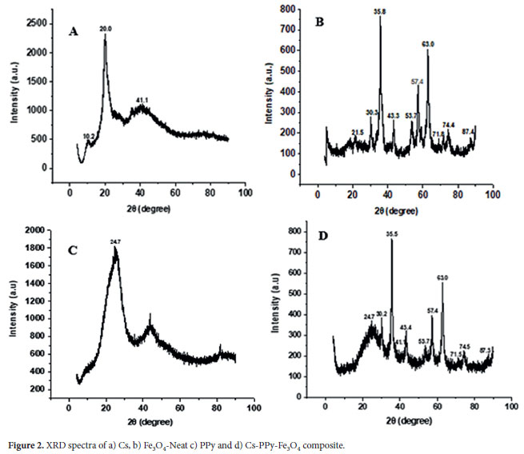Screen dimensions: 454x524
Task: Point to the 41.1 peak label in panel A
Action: (141, 98)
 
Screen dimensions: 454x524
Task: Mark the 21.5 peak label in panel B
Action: (358, 132)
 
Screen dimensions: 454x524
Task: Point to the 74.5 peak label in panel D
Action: (465, 347)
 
